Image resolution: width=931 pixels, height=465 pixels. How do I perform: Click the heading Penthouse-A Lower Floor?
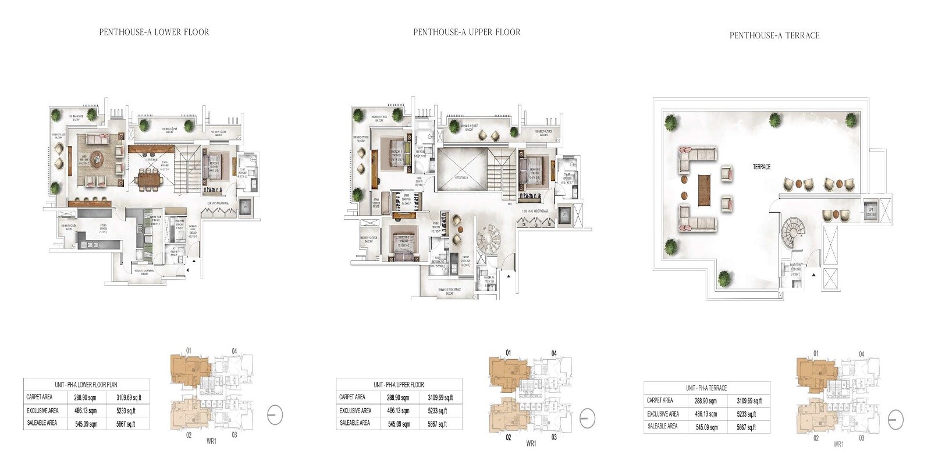click(154, 32)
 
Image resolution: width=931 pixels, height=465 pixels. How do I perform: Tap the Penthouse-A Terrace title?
click(774, 35)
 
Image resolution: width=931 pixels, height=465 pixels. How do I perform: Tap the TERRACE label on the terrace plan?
click(761, 167)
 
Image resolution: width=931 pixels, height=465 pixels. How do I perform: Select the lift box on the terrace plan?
click(870, 210)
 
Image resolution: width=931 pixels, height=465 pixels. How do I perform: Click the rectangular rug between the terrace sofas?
click(705, 189)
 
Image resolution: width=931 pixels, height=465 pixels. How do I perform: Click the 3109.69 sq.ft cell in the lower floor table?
click(129, 398)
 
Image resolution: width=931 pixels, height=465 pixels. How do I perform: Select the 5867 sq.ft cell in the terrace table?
click(747, 427)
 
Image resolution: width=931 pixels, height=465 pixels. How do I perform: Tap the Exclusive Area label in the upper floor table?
click(355, 410)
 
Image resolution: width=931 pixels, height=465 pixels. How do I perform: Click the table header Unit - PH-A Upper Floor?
click(399, 385)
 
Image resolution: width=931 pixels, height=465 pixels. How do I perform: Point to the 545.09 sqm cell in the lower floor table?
click(86, 424)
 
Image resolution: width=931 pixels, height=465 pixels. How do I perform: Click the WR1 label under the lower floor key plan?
click(211, 441)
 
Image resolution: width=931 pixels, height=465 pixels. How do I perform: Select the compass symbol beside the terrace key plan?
click(896, 420)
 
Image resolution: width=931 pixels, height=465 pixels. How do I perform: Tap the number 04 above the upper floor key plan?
click(554, 353)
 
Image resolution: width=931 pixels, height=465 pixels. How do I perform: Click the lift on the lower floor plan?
click(244, 206)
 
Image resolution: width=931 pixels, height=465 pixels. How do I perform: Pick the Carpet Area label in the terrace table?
click(660, 400)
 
